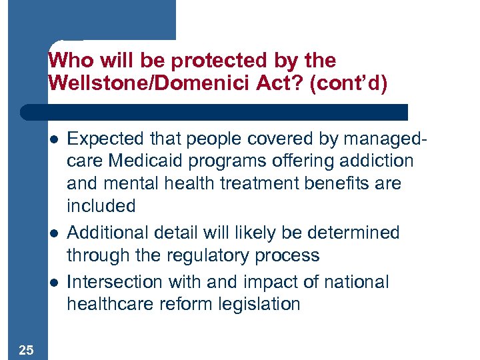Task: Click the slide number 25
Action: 26,349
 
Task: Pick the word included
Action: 101,206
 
